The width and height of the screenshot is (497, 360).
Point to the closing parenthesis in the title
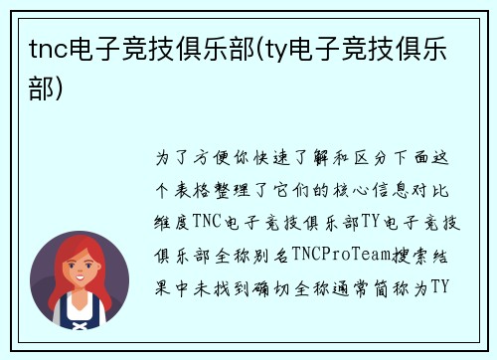[66, 90]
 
